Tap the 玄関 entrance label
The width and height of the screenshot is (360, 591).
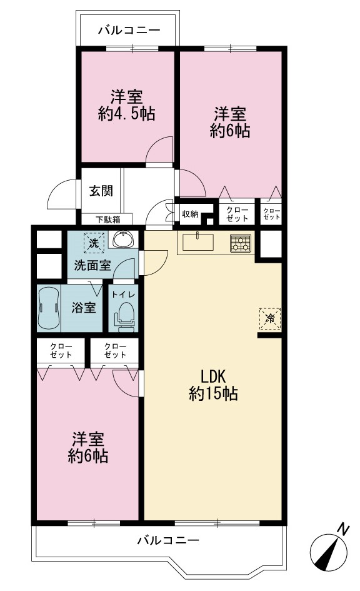[x=101, y=191]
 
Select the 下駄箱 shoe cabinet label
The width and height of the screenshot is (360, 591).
[x=107, y=220]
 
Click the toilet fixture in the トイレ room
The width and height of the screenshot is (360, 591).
[x=124, y=316]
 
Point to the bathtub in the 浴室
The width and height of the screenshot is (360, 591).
[x=49, y=308]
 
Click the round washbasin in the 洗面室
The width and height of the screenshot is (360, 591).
[x=122, y=239]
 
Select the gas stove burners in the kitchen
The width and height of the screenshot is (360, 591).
[x=241, y=243]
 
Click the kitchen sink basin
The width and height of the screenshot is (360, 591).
[x=198, y=243]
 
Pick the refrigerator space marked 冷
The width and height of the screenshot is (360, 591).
[x=270, y=319]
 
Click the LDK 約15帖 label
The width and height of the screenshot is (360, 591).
[x=212, y=385]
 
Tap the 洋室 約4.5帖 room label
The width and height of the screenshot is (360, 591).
[x=126, y=105]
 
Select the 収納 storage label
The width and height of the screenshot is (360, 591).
[x=190, y=214]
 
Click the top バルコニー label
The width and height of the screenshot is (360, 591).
[x=129, y=30]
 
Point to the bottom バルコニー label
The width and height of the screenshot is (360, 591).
[x=168, y=540]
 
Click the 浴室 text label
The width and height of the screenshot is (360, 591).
[x=84, y=308]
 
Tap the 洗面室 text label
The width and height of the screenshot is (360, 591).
[x=92, y=265]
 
